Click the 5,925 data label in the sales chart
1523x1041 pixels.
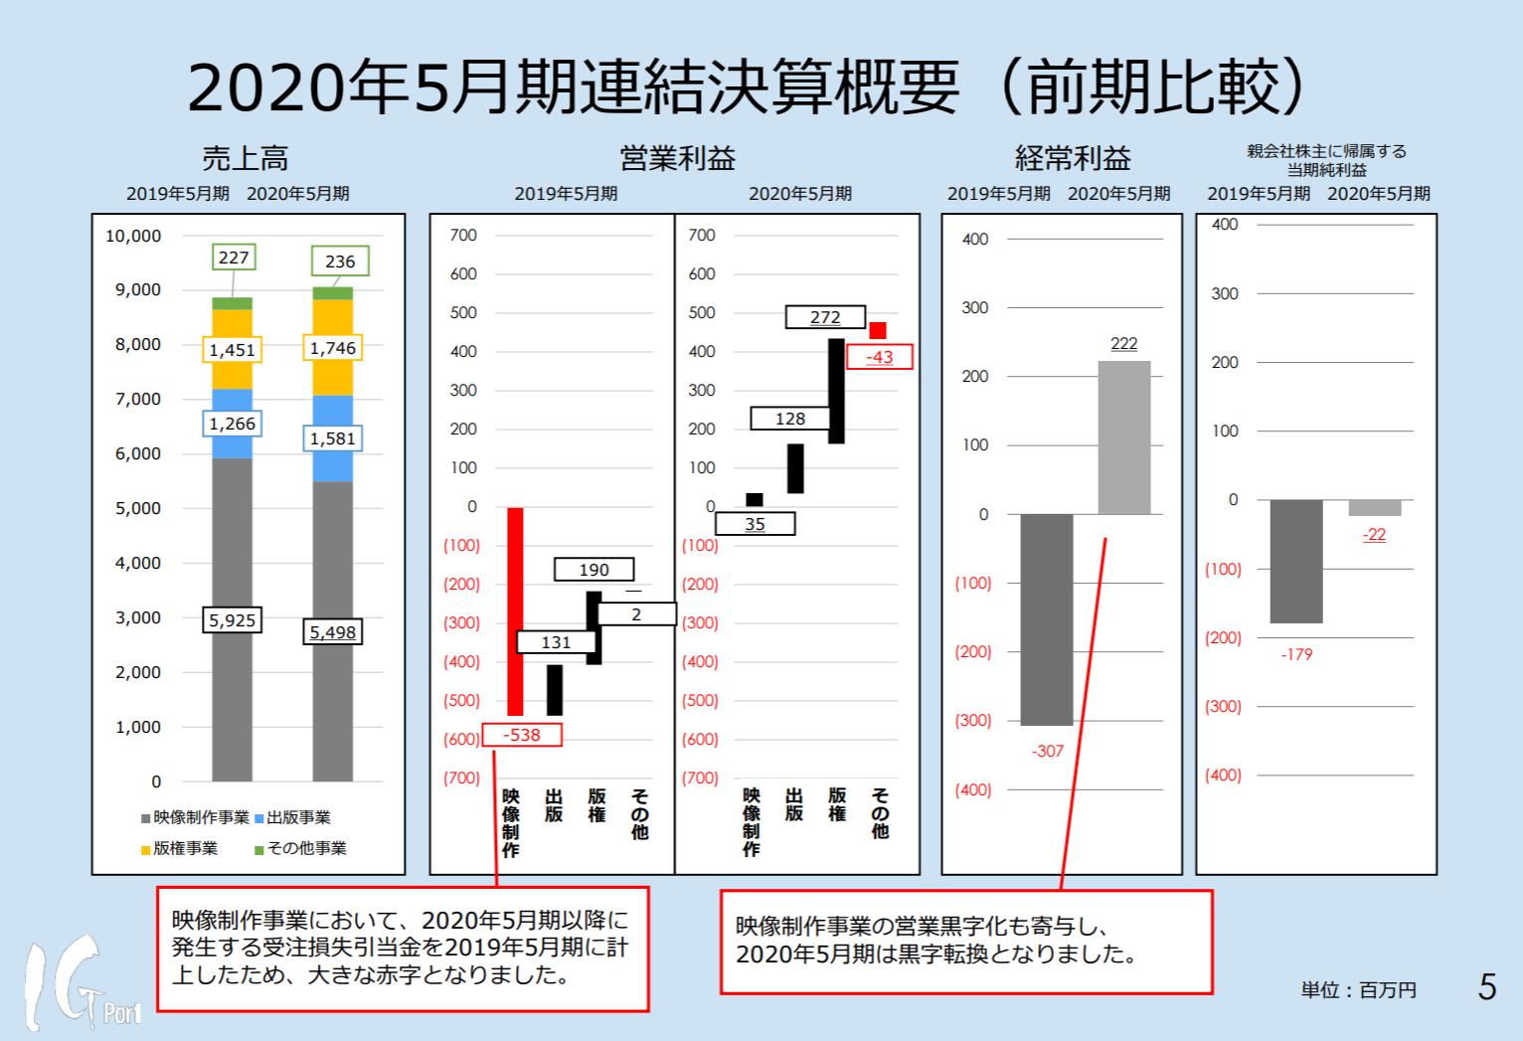(x=232, y=619)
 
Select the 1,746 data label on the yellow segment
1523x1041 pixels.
(x=332, y=348)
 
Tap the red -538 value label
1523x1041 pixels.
(x=522, y=735)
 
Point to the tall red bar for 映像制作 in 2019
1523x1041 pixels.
(x=515, y=610)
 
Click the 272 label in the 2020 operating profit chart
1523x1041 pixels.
(x=825, y=316)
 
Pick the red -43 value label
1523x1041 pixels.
(x=879, y=357)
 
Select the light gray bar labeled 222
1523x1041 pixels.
(x=1123, y=437)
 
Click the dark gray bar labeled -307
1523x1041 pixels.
(x=1047, y=618)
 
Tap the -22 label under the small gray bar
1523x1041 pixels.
(x=1374, y=535)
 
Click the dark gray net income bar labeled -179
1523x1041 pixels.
(x=1296, y=561)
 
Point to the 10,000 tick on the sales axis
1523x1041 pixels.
(x=133, y=236)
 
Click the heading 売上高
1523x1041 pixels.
(x=245, y=157)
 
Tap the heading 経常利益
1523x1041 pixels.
(x=1073, y=157)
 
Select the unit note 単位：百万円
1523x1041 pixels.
(x=1358, y=989)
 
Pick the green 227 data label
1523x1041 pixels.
(x=234, y=258)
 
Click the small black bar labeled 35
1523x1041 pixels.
(x=755, y=499)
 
